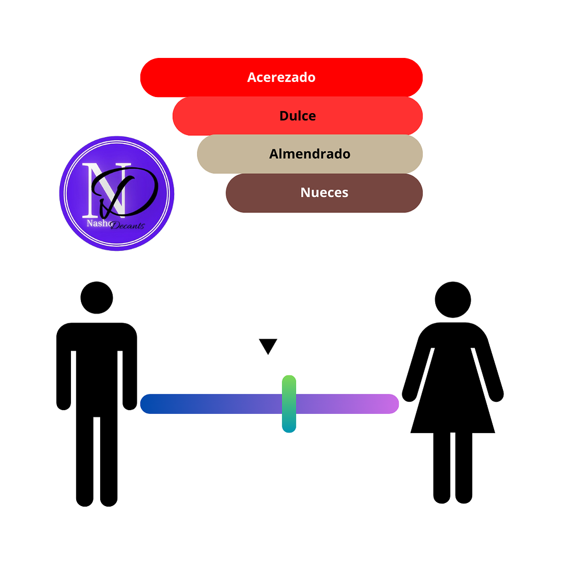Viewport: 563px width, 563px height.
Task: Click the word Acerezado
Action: click(281, 77)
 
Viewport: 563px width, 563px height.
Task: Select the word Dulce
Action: click(297, 116)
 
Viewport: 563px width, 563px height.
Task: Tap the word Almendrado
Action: click(309, 154)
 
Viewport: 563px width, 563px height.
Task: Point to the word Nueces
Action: click(324, 193)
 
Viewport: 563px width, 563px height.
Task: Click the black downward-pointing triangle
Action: click(268, 345)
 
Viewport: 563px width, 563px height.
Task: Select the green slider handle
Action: click(289, 403)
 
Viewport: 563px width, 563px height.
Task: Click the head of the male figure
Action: click(97, 297)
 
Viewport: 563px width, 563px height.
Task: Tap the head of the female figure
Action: click(453, 300)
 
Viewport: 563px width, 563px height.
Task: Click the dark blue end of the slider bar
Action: click(151, 404)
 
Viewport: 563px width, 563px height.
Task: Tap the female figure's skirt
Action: click(453, 402)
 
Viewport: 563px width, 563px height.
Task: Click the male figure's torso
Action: click(97, 365)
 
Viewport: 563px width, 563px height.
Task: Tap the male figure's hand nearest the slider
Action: click(129, 402)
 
